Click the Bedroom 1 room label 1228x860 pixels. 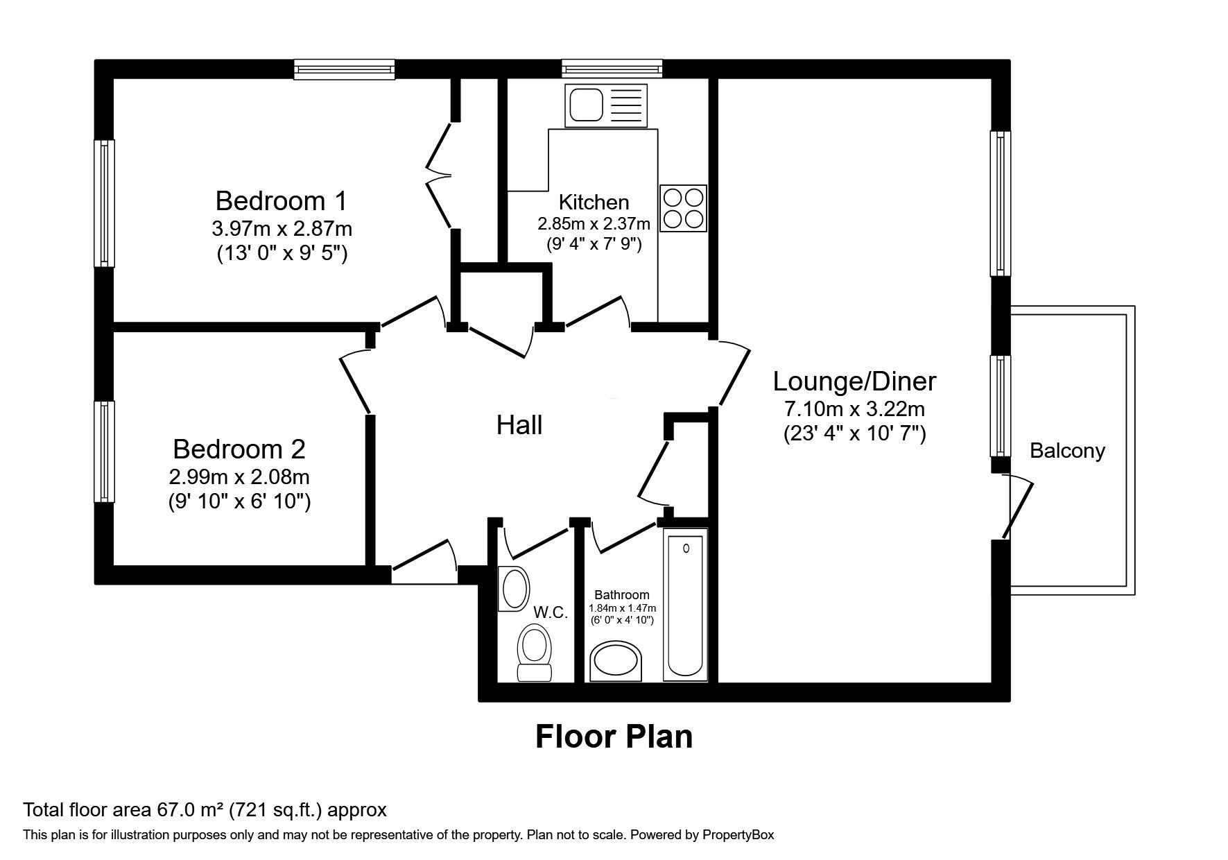tap(281, 201)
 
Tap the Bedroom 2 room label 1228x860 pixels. tap(239, 449)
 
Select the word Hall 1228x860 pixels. tap(519, 425)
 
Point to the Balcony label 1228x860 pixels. tap(1067, 451)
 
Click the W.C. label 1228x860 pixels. tap(551, 612)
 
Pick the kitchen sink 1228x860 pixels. tap(606, 105)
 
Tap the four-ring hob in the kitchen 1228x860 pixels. tap(683, 208)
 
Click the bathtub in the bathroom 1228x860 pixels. tap(686, 604)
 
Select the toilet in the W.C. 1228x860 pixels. tap(534, 653)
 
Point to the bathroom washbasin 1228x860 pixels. tap(616, 662)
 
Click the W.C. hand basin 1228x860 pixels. tap(513, 589)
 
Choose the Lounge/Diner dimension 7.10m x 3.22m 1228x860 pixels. tap(854, 409)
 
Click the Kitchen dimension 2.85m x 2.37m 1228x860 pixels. tap(594, 224)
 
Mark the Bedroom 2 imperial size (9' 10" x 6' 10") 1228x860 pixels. tap(239, 501)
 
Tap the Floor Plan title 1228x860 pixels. tap(614, 736)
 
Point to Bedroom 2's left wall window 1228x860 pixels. tap(104, 452)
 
